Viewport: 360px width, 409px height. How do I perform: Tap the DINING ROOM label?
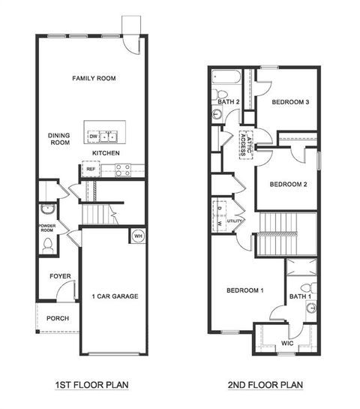pyautogui.click(x=59, y=140)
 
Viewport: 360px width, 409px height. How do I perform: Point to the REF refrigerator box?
pyautogui.click(x=91, y=170)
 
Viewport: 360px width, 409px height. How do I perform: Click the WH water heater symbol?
pyautogui.click(x=138, y=235)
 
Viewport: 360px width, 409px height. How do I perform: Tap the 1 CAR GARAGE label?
pyautogui.click(x=115, y=296)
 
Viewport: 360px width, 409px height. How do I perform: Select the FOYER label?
pyautogui.click(x=60, y=276)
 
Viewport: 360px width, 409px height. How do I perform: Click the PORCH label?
pyautogui.click(x=58, y=318)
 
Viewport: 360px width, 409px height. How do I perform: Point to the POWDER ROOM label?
pyautogui.click(x=47, y=229)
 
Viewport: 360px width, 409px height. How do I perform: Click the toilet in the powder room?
pyautogui.click(x=48, y=244)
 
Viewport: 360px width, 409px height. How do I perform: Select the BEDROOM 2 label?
pyautogui.click(x=288, y=184)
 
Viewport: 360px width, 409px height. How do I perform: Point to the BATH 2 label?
pyautogui.click(x=228, y=101)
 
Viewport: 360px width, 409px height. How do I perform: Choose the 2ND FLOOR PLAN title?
pyautogui.click(x=265, y=386)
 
